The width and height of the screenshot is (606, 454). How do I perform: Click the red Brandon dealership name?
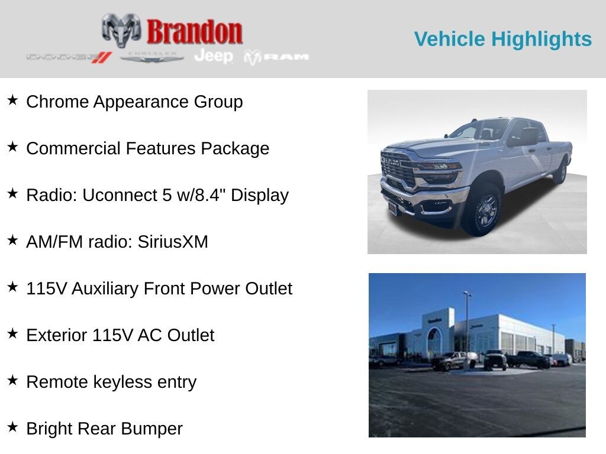tap(194, 31)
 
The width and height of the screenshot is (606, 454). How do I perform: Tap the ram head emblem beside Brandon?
tap(121, 30)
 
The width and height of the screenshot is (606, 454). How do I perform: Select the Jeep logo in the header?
tap(214, 56)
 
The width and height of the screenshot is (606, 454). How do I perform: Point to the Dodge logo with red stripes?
tap(69, 57)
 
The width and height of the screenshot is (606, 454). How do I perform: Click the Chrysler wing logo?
tap(151, 57)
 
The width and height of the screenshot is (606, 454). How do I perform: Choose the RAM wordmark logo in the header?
tap(276, 57)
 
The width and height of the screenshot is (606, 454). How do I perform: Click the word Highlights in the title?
tap(541, 39)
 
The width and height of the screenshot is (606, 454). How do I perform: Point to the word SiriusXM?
tap(173, 242)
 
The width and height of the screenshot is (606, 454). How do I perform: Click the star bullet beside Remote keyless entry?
tap(13, 380)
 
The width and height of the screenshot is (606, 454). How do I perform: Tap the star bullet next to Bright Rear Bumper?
tap(13, 427)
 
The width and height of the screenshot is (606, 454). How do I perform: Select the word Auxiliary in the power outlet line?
tap(105, 288)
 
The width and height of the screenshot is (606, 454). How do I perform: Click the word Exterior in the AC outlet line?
tap(57, 336)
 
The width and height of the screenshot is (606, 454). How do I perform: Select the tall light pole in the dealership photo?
tap(468, 329)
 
